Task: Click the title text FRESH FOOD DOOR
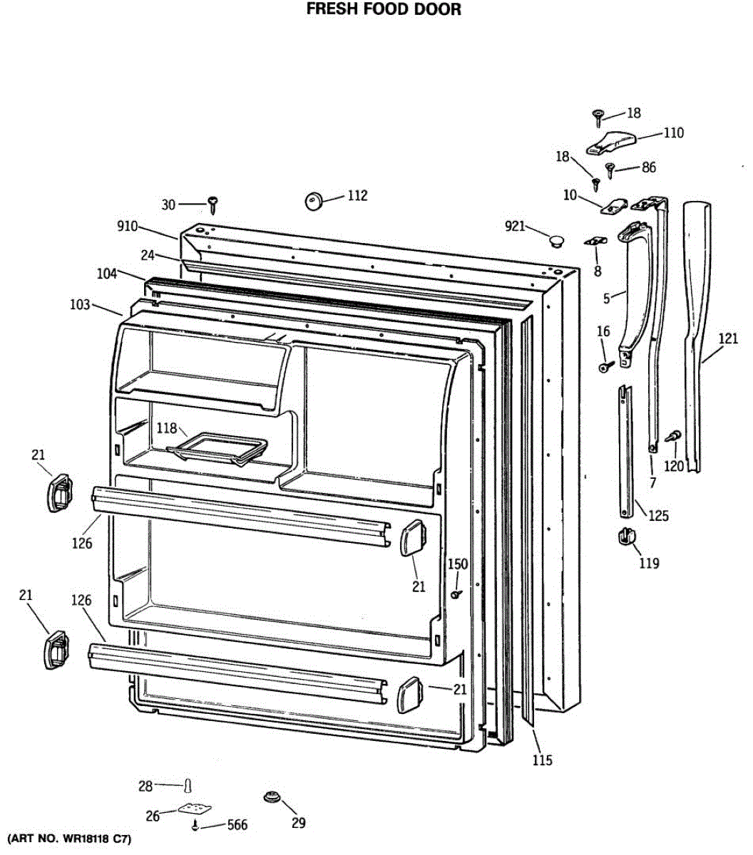tap(384, 9)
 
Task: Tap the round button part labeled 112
tap(314, 200)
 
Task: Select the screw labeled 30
tap(212, 204)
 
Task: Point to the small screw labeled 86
tap(610, 170)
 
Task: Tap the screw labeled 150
tap(456, 593)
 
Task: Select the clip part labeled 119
tap(626, 536)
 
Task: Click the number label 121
tap(727, 339)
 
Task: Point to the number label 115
tap(542, 760)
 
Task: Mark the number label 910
tap(128, 227)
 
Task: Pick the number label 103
tap(80, 305)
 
